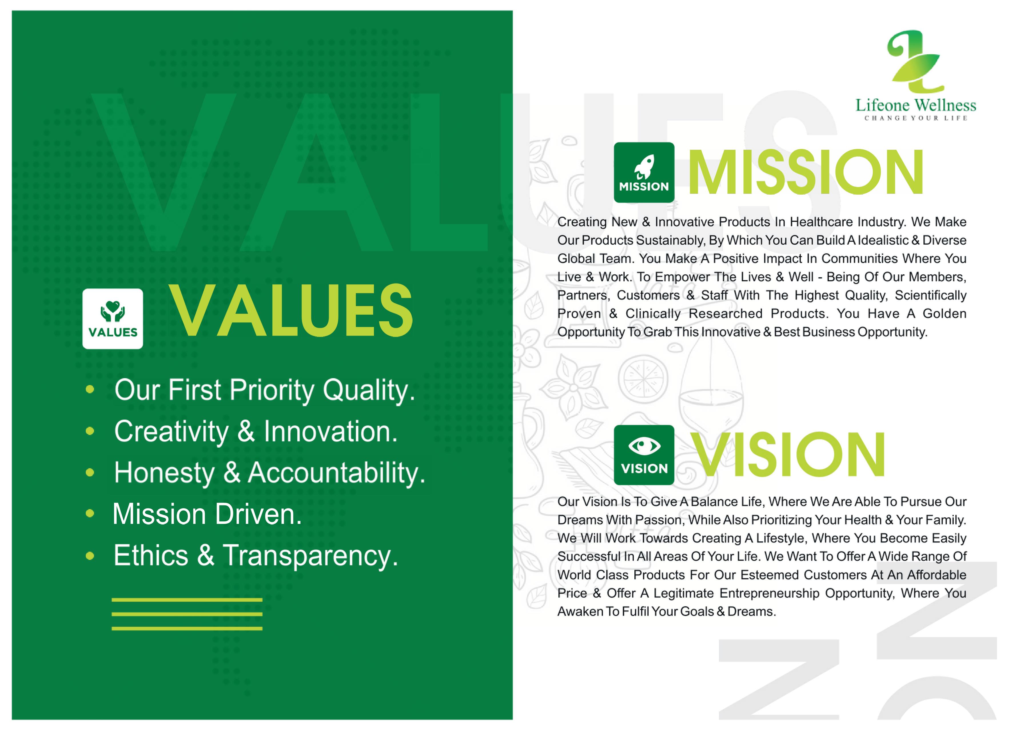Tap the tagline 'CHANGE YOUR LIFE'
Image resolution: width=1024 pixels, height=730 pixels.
click(916, 118)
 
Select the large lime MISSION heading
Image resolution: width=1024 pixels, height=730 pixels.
click(806, 173)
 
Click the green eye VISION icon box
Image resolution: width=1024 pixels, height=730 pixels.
click(644, 455)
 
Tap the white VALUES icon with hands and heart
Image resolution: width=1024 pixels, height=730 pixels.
click(113, 319)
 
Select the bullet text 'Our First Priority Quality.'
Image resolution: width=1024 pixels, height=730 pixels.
click(265, 390)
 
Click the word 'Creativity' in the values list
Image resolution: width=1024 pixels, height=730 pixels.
click(171, 432)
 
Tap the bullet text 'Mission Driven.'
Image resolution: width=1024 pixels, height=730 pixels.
click(207, 514)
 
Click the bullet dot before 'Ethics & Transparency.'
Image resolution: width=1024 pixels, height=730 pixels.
click(90, 556)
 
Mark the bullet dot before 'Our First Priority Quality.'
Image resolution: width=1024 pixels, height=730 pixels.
click(90, 389)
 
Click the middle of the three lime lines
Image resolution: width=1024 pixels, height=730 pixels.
click(187, 614)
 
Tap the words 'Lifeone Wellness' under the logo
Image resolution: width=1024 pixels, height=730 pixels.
click(916, 105)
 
